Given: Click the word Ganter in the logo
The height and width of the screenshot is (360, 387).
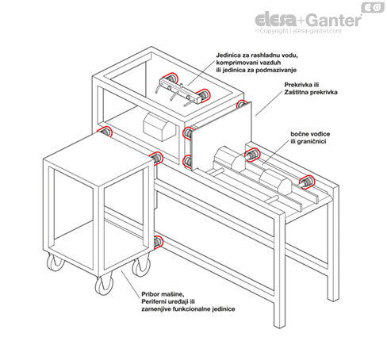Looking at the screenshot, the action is coord(334,20).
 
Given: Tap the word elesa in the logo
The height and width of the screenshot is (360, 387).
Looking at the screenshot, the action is coord(275,19).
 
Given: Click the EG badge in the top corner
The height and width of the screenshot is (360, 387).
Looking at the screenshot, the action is coord(373,8).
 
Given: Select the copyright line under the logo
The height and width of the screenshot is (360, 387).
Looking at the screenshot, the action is coord(298,31).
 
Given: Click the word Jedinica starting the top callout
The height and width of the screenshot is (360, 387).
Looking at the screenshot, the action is coord(228,56).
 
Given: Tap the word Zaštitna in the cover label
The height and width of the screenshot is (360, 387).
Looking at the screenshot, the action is coord(297,92).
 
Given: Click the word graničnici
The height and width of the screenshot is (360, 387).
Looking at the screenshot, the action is coord(312,142).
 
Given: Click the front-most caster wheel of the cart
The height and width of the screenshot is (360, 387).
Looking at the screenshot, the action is coord(104,285).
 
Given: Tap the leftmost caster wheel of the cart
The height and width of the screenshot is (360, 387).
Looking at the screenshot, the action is coord(56,262).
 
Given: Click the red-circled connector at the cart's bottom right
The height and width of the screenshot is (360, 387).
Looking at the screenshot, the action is coord(158,242).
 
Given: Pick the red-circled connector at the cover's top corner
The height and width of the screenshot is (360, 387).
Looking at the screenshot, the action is coord(241,104).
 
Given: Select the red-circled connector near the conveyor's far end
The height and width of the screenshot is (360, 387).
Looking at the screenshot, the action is coord(307,182).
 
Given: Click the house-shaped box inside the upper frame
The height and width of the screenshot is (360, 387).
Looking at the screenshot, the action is coord(159,128).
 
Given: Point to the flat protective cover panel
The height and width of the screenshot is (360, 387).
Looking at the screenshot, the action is coord(221,137).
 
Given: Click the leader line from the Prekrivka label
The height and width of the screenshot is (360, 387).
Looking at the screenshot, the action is coord(269,103).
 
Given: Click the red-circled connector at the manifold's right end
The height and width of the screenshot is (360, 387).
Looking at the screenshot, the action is coord(203,95).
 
